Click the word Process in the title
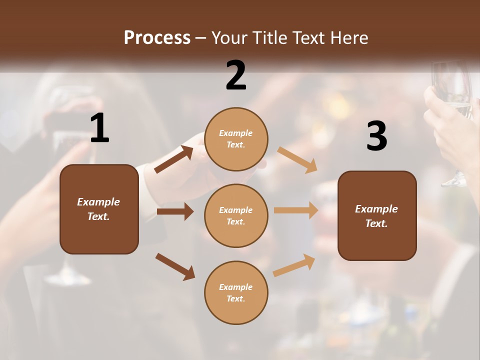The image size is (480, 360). pos(157,37)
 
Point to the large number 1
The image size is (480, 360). pos(99,128)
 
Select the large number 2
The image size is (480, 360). pos(236,75)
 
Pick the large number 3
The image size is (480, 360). pos(376,136)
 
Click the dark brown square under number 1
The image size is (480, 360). pos(99,209)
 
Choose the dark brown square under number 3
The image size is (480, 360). pos(377,215)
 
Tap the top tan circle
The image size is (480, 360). pos(236,139)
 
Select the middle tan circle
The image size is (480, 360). pos(236,215)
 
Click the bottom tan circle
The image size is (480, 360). pos(236,292)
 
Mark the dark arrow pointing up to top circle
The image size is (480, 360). pos(173,159)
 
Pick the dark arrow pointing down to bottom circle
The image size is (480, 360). pos(175,266)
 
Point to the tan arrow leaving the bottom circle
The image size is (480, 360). pos(294,265)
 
